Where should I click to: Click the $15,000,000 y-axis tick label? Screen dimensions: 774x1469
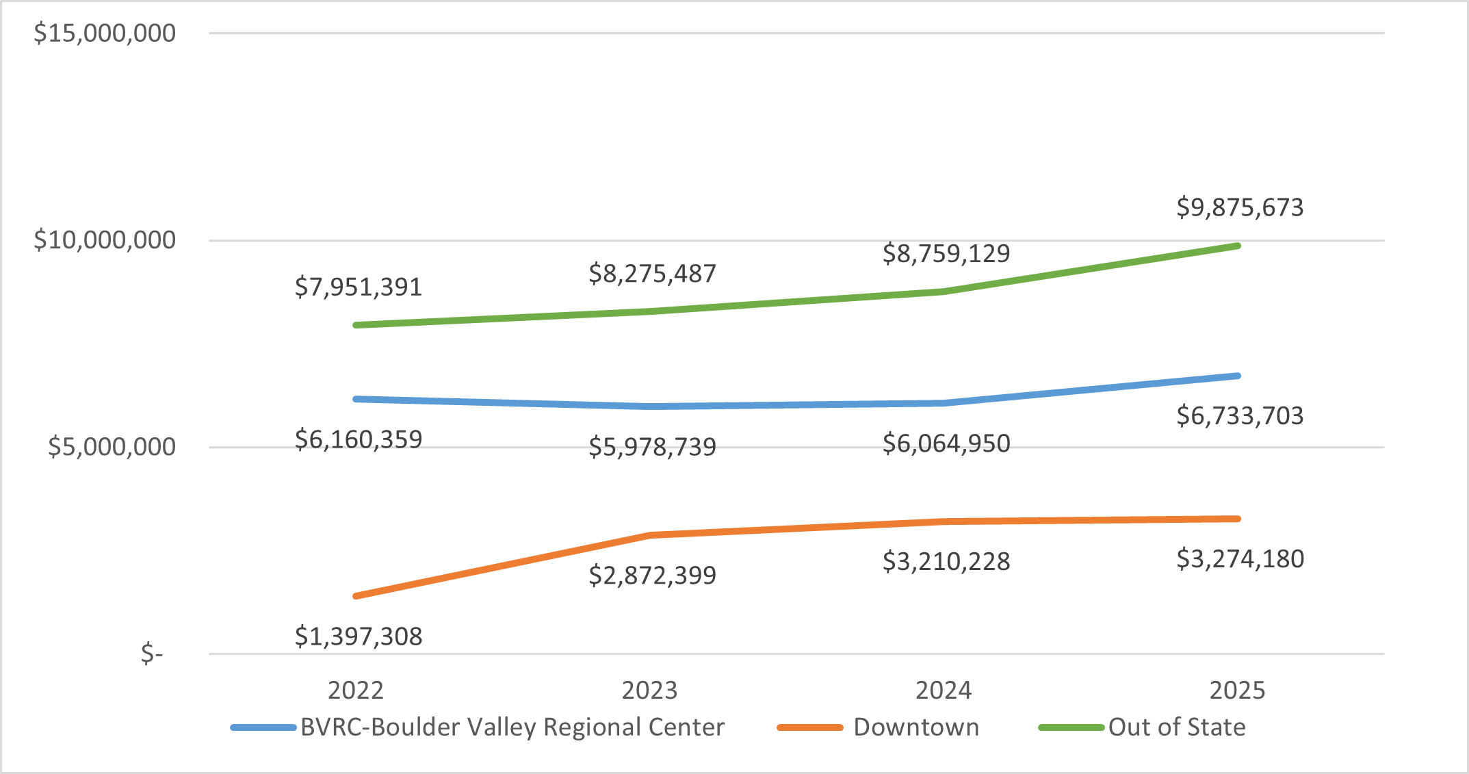click(x=105, y=33)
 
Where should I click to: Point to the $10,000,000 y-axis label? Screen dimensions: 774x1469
click(x=105, y=240)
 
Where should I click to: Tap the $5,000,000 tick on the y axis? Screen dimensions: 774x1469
click(x=112, y=447)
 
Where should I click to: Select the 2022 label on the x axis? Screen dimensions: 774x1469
click(x=356, y=690)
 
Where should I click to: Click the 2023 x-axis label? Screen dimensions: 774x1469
click(x=649, y=690)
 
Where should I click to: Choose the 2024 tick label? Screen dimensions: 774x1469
click(x=944, y=690)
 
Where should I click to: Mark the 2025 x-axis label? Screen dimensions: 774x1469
click(x=1237, y=690)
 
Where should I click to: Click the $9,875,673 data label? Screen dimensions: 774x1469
click(x=1240, y=207)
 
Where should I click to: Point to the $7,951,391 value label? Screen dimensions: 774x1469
click(x=359, y=287)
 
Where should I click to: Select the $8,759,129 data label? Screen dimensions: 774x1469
click(x=946, y=253)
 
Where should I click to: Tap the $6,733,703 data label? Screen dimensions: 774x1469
click(x=1240, y=415)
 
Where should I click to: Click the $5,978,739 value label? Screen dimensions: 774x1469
click(x=652, y=447)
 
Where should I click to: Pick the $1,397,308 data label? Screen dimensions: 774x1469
click(x=359, y=636)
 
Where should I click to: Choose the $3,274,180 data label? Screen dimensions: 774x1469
click(x=1240, y=559)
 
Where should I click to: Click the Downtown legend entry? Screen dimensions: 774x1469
click(x=916, y=727)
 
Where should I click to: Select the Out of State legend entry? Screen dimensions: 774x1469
click(x=1177, y=727)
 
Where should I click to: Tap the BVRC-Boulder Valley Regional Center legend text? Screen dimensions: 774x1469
click(x=512, y=727)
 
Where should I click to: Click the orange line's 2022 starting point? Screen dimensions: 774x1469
click(x=356, y=596)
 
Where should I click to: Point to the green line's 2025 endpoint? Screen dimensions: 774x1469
click(x=1238, y=246)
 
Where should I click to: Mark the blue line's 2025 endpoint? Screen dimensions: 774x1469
click(x=1238, y=376)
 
